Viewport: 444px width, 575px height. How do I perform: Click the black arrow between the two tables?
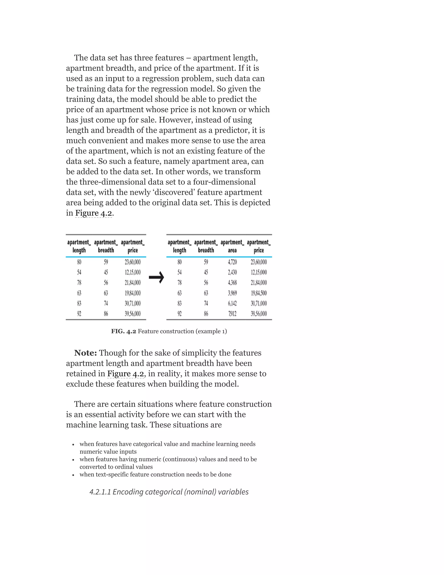[157, 277]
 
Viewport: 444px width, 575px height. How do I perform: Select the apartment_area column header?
[232, 246]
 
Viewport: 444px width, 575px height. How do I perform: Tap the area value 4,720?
[232, 262]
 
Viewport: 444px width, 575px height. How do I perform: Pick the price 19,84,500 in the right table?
[259, 293]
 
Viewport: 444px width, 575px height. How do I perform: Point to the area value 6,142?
[232, 303]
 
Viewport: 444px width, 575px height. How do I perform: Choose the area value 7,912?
[232, 314]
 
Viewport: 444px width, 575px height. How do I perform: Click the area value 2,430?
[232, 272]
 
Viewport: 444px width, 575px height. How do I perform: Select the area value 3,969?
[232, 293]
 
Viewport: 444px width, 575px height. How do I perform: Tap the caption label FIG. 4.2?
[123, 331]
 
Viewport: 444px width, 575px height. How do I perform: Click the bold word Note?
[85, 353]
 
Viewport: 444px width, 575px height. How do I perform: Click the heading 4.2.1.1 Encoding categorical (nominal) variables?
[169, 492]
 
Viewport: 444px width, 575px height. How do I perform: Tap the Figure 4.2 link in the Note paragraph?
[126, 374]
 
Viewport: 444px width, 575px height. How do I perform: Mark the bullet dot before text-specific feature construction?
[73, 475]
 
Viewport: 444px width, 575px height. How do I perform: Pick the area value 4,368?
[232, 283]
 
